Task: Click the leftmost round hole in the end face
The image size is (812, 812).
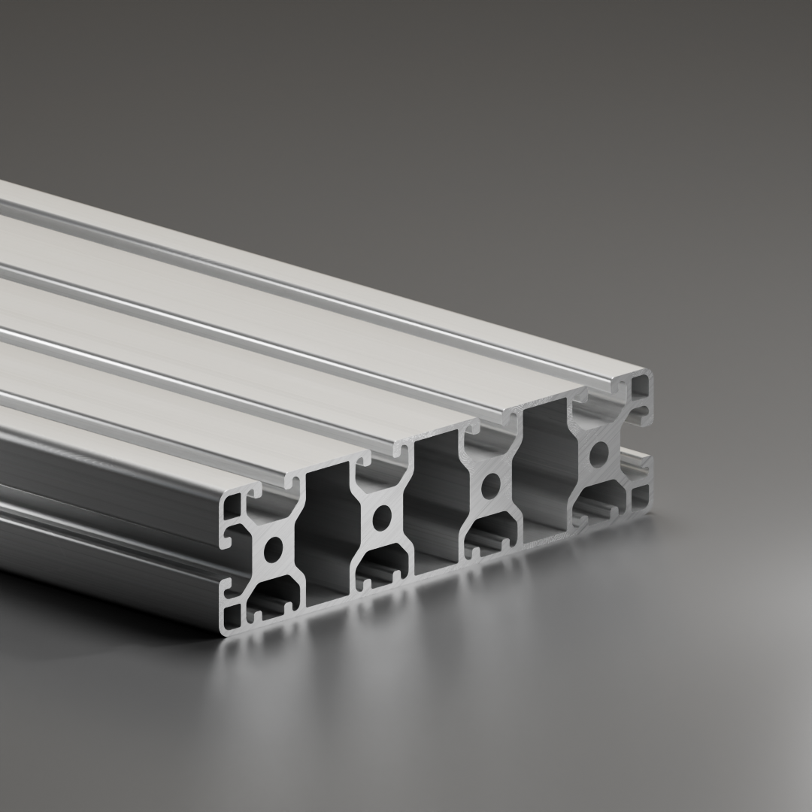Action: coord(272,550)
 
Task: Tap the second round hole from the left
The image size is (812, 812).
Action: coord(382,517)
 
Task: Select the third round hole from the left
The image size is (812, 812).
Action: coord(491,485)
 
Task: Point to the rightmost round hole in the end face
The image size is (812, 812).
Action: coord(599,453)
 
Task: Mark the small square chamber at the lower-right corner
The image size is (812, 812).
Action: coord(641,496)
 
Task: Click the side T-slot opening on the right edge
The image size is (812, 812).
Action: coord(644,444)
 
